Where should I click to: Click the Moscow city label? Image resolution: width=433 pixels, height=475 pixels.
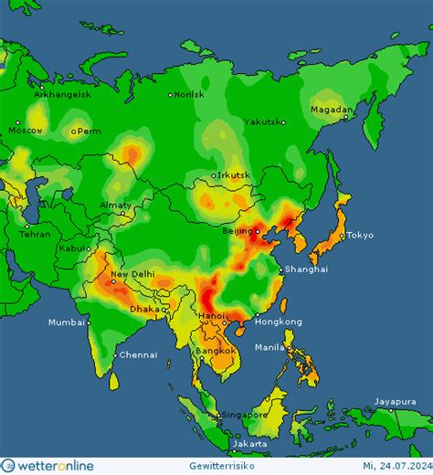[24, 131]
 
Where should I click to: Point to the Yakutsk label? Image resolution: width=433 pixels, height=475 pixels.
[261, 121]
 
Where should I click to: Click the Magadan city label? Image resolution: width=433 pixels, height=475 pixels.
[330, 110]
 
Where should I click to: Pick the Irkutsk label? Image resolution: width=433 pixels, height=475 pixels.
[234, 176]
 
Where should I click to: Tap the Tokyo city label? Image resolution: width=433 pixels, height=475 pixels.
[359, 236]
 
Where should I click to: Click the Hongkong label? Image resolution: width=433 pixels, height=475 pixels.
[278, 322]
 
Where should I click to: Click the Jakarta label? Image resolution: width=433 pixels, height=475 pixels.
[250, 444]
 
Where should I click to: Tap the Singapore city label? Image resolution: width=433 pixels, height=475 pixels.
[242, 414]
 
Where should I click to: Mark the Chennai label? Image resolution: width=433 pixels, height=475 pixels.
[138, 354]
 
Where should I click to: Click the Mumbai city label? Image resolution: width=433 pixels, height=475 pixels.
[67, 322]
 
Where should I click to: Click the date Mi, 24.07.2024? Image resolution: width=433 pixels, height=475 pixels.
[389, 466]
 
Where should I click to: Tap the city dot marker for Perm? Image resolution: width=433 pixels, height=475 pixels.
[77, 131]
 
